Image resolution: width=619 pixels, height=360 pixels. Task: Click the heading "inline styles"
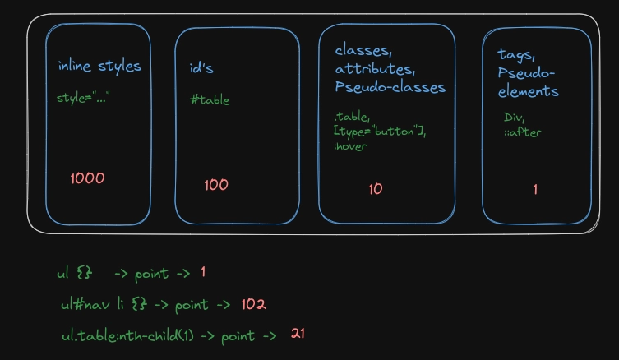[x=99, y=67]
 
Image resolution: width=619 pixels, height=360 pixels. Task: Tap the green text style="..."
[x=83, y=99]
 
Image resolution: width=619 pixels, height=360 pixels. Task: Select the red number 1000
[x=87, y=178]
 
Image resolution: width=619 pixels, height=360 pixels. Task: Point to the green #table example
[x=210, y=100]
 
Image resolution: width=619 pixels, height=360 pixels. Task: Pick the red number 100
[x=216, y=185]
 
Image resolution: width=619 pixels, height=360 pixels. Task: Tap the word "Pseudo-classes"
[x=390, y=86]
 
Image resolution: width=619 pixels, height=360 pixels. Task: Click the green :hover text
[x=350, y=146]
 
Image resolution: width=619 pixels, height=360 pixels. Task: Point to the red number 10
[x=376, y=189]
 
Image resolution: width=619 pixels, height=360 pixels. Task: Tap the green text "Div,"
[x=514, y=118]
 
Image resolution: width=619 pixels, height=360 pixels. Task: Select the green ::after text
[x=522, y=132]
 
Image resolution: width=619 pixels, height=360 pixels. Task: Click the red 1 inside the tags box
[x=535, y=190]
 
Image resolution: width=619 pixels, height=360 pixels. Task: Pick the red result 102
[x=254, y=305]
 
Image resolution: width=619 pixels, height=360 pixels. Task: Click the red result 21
[x=298, y=334]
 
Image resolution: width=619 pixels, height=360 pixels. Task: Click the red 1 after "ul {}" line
[x=202, y=272]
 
